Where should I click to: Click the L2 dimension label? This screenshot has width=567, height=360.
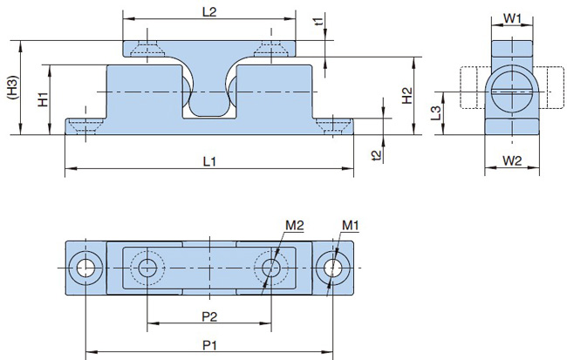208,12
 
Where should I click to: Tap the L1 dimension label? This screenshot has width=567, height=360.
208,161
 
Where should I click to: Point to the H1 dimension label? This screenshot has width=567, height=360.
43,100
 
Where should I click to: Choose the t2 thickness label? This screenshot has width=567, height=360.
377,155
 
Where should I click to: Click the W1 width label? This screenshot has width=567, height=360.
513,17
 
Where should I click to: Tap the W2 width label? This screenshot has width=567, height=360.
513,160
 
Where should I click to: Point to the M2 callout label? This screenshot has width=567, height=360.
294,227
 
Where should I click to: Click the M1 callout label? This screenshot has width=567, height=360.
351,227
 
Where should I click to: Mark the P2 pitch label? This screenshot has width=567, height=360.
208,315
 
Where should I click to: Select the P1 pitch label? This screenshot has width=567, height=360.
208,346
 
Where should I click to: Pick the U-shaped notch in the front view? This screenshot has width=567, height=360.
208,100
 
